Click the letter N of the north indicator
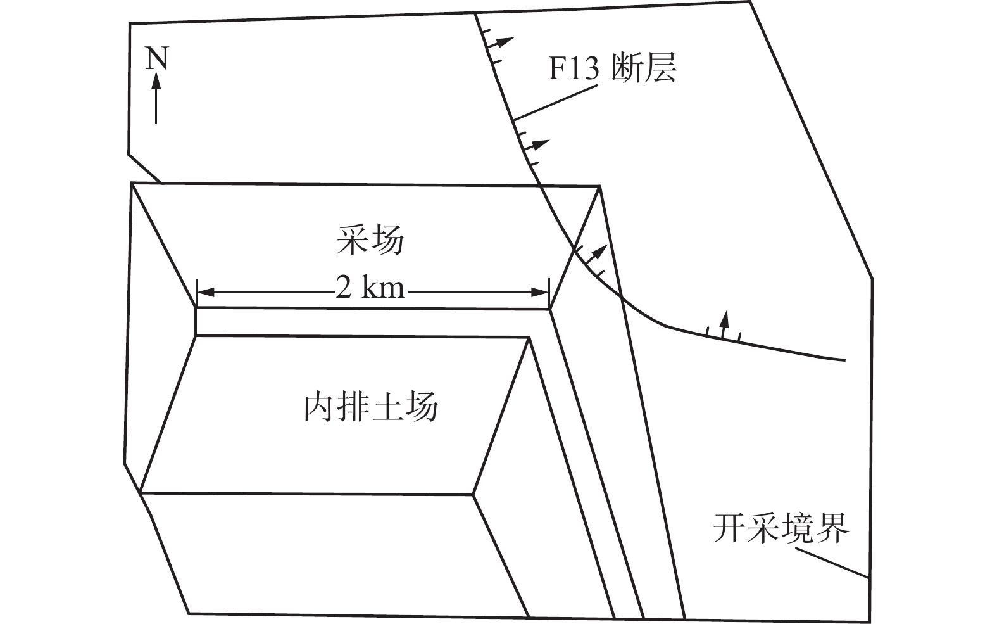point(157,59)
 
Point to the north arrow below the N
point(156,98)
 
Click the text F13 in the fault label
point(572,68)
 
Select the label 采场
point(370,241)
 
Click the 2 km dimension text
point(370,289)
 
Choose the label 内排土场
point(371,407)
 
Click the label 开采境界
point(781,528)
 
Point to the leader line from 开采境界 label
point(831,563)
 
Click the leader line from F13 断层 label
point(555,102)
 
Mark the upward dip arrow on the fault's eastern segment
point(724,321)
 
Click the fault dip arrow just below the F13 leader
point(537,144)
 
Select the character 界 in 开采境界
point(832,528)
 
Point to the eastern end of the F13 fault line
point(844,360)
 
